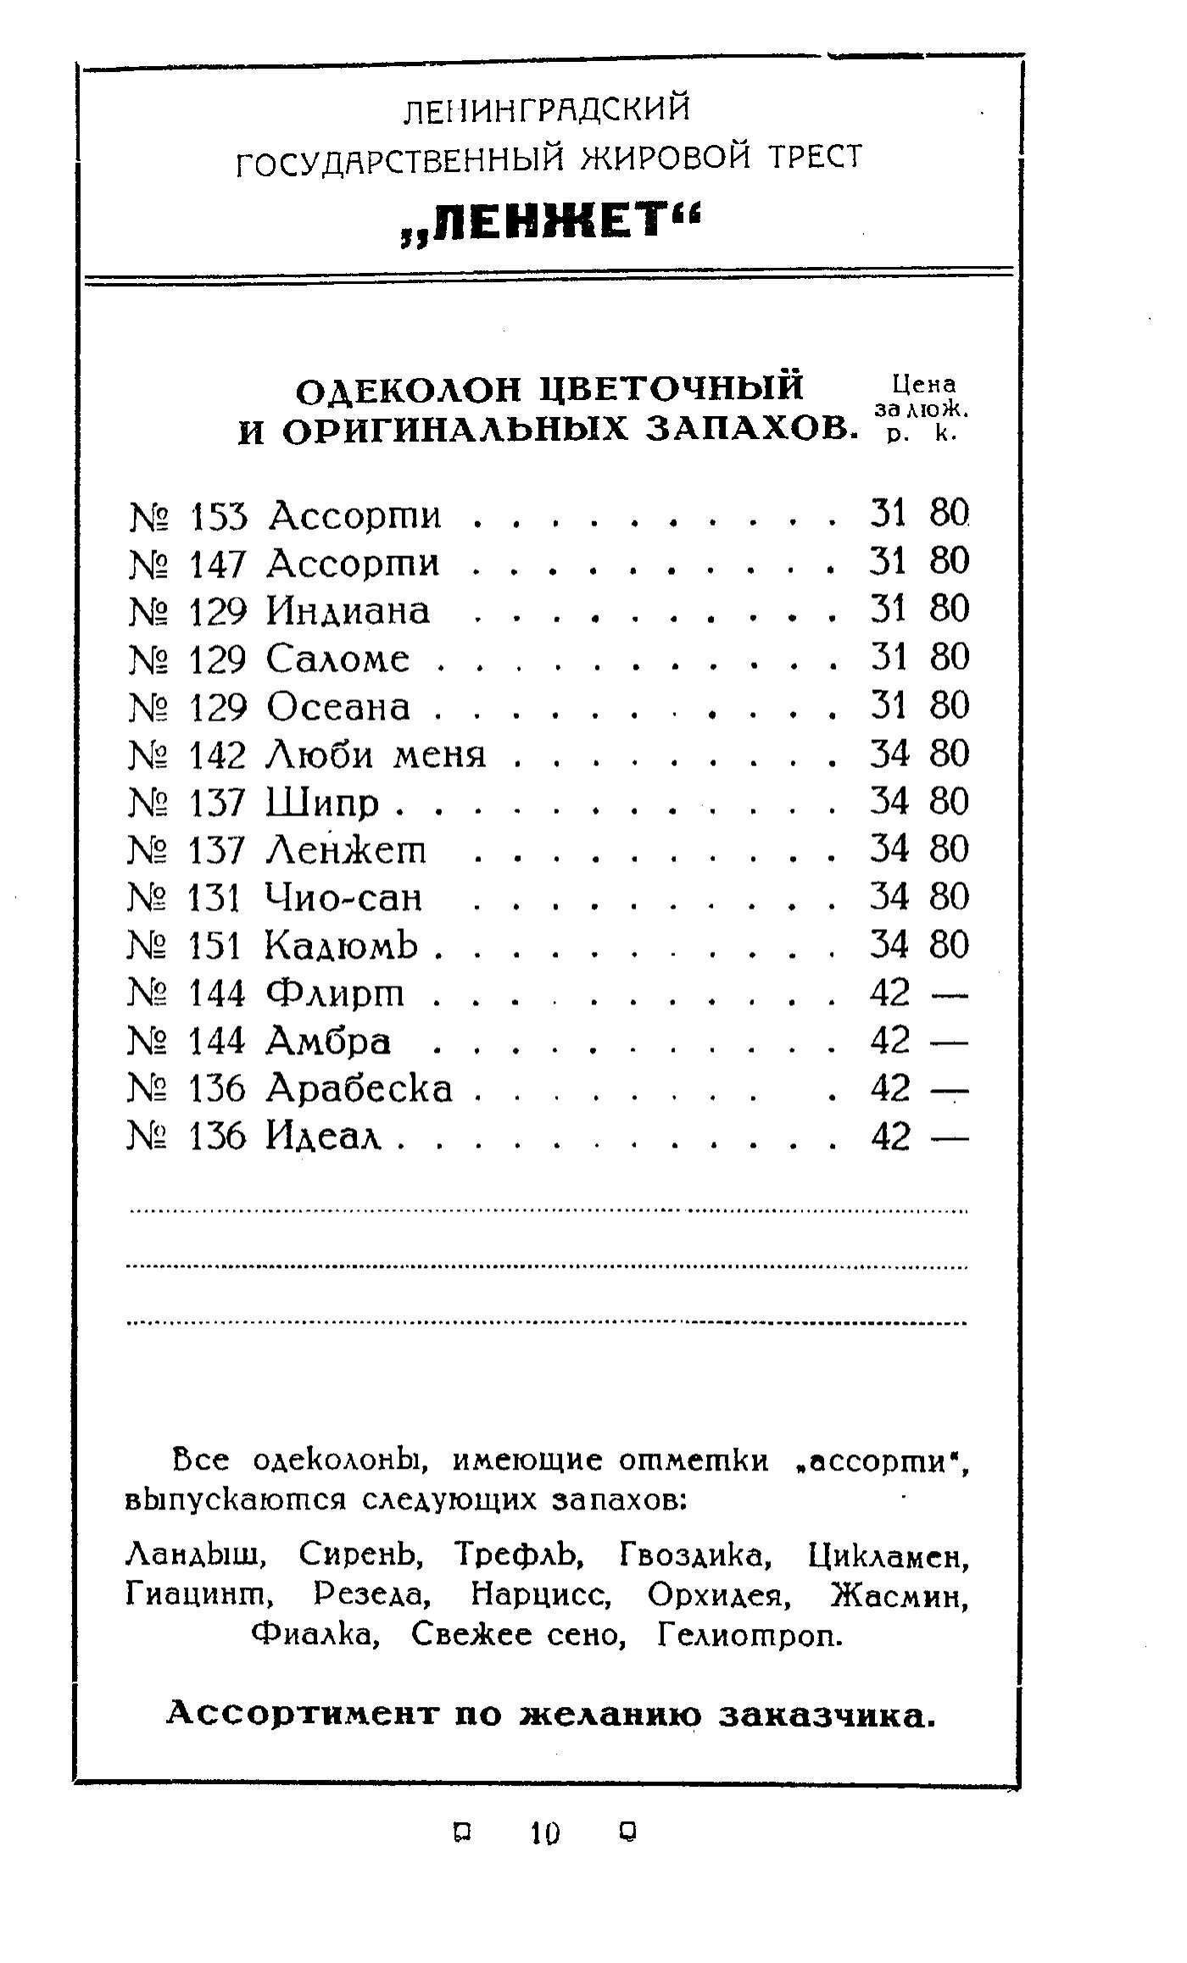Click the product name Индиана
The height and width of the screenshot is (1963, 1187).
(x=348, y=611)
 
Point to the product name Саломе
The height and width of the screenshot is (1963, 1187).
(x=337, y=659)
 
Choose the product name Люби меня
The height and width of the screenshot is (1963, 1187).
(x=376, y=754)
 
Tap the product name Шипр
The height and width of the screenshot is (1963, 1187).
(x=322, y=803)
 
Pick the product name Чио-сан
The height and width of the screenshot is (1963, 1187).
(x=343, y=898)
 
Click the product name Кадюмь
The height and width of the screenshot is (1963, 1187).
(x=342, y=945)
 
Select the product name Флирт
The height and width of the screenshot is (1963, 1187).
(x=336, y=993)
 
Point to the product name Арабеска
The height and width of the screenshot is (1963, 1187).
(x=359, y=1089)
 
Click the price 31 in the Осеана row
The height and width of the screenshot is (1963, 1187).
(x=889, y=706)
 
